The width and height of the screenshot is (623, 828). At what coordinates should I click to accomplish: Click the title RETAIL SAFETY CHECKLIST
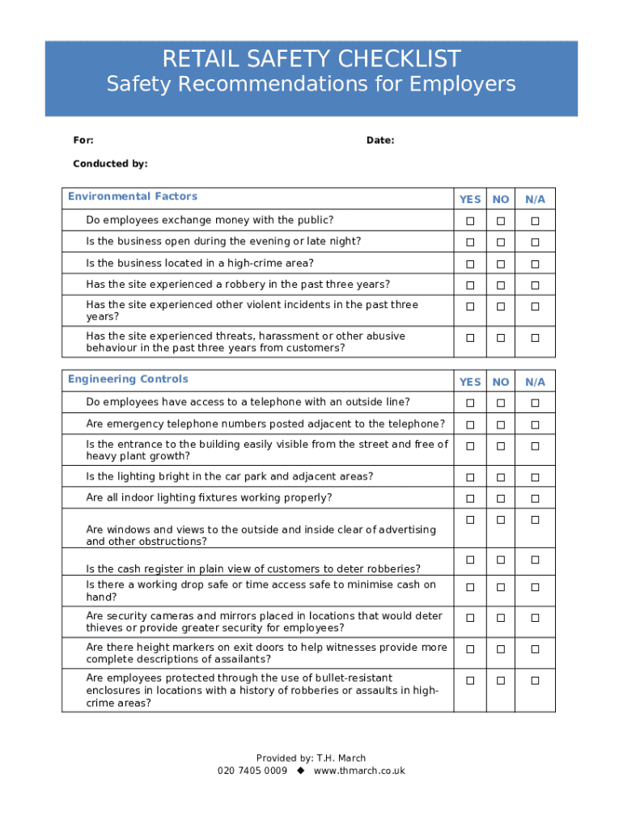pos(311,59)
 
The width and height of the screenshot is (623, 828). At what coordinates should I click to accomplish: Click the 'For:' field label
pos(83,141)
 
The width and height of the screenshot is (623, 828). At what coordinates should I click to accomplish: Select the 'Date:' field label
pos(380,141)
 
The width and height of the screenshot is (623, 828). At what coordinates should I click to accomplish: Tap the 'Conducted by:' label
pos(110,163)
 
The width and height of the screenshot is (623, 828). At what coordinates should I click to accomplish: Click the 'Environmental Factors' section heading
pos(133,196)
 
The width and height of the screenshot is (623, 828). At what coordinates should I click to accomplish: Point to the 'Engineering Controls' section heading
pos(128,379)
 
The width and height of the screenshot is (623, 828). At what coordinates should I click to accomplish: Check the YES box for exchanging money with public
pos(469,222)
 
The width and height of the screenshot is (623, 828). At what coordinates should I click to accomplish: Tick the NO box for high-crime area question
pos(501,264)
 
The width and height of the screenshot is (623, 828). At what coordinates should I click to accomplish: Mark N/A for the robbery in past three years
pos(535,285)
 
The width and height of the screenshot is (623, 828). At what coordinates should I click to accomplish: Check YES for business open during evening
pos(469,243)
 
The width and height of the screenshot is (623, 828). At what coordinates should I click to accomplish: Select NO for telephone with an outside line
pos(501,403)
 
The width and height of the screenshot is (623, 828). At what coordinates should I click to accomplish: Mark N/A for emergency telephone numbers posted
pos(535,425)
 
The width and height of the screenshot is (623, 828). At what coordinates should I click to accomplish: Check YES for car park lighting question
pos(469,478)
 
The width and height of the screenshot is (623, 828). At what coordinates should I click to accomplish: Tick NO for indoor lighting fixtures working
pos(501,499)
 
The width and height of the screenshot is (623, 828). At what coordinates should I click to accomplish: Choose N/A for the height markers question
pos(535,649)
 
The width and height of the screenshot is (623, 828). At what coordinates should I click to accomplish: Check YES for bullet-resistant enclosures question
pos(469,681)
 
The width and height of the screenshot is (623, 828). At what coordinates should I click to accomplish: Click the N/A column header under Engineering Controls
pos(535,382)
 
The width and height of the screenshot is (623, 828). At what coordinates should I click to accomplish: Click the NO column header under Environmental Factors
pos(501,199)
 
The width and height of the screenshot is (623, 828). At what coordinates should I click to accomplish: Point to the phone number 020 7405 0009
pos(252,771)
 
